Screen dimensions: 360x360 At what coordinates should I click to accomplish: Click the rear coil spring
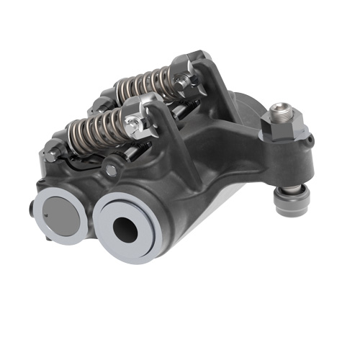(x=148, y=84)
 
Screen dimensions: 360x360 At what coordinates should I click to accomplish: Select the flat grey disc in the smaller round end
(x=60, y=215)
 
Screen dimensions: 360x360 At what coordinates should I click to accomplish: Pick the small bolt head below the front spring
(x=111, y=170)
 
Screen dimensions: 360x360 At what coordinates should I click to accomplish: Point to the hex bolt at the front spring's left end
(x=53, y=151)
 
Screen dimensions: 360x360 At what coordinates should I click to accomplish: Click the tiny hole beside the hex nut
(x=307, y=135)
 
